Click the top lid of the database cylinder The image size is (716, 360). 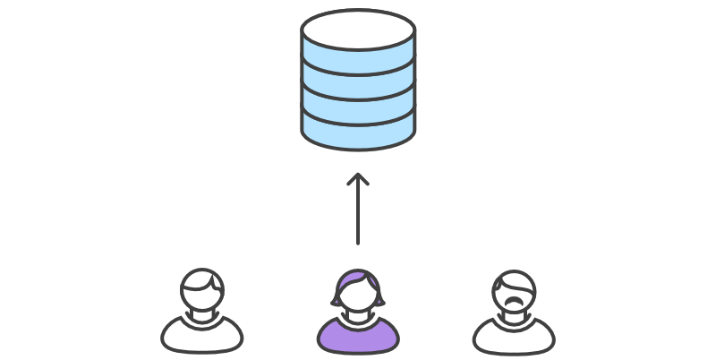click(x=358, y=30)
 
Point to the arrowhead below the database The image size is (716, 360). click(x=358, y=180)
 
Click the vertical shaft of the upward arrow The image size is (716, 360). click(x=358, y=215)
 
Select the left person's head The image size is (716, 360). click(x=202, y=292)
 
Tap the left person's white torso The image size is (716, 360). click(x=202, y=335)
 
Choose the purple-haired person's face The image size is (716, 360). click(x=358, y=297)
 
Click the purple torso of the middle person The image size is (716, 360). click(x=358, y=336)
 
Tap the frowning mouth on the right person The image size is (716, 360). click(x=513, y=302)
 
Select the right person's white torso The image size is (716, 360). click(x=514, y=337)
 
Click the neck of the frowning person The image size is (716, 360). click(x=514, y=315)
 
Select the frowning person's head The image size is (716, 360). click(x=514, y=292)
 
